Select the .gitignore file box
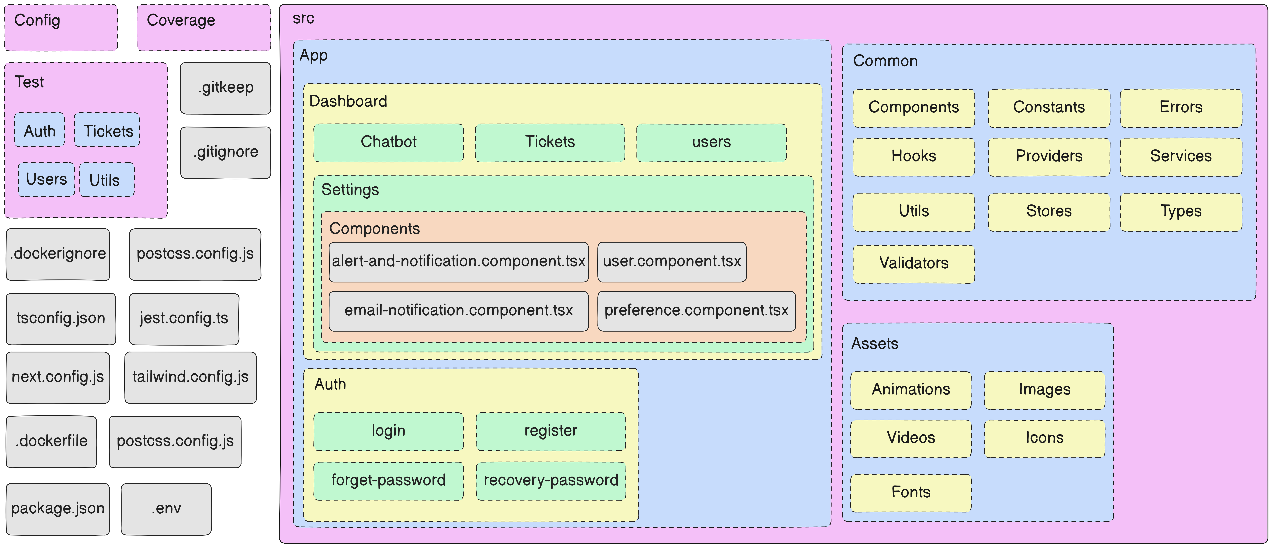click(x=225, y=152)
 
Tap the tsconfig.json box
click(x=61, y=318)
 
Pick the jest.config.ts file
click(x=184, y=318)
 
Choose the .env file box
click(x=166, y=509)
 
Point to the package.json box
click(x=58, y=509)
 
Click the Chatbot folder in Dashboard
click(x=388, y=142)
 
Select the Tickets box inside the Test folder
click(x=107, y=131)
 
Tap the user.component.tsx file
click(x=672, y=262)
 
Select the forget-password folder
click(x=388, y=481)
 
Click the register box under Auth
click(x=550, y=431)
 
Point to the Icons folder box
click(x=1044, y=438)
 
